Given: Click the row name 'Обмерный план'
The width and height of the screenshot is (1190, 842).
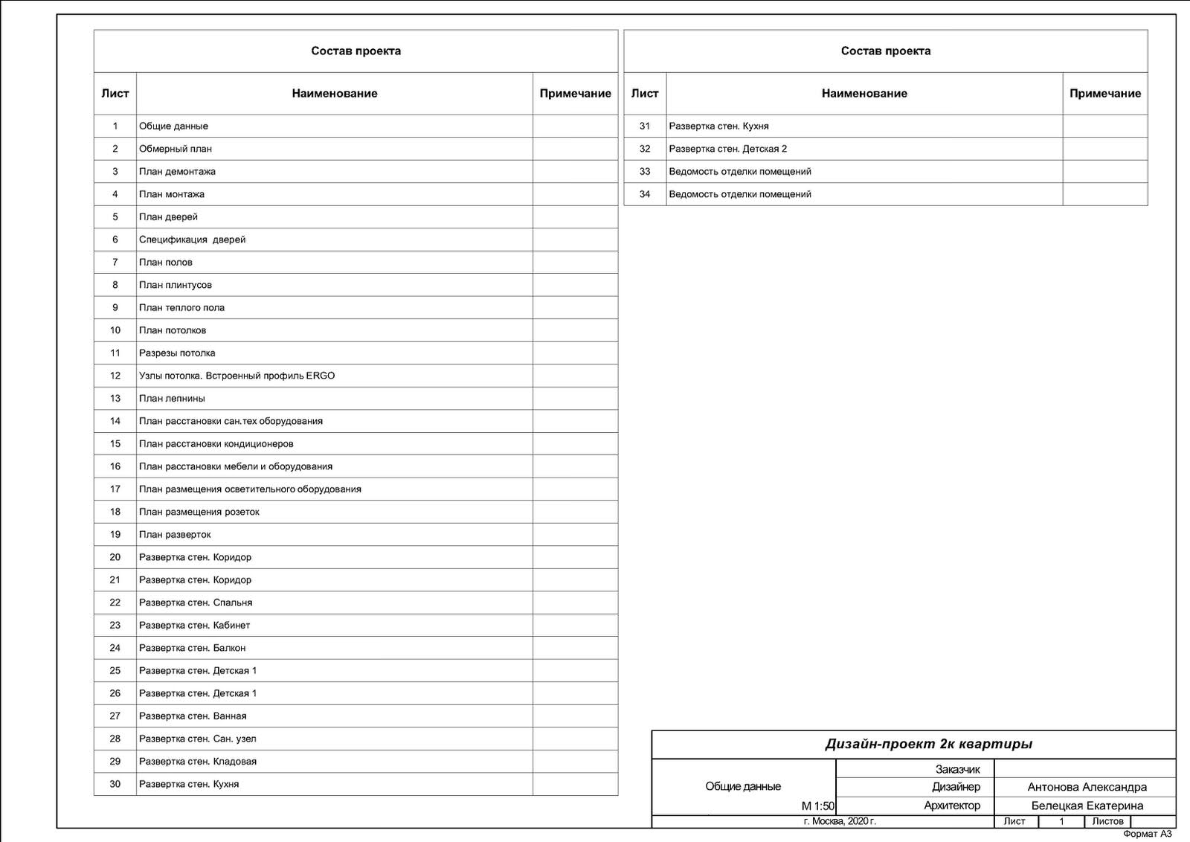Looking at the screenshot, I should [x=176, y=149].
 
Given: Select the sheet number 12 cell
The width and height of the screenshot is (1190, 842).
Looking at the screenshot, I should [x=115, y=376].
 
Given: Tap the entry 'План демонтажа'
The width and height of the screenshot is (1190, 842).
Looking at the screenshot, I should [x=177, y=172].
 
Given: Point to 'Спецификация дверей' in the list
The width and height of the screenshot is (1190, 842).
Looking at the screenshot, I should [x=192, y=240].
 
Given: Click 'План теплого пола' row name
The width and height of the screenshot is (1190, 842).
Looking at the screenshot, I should [x=181, y=308].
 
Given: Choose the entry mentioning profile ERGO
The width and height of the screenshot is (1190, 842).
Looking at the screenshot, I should [x=237, y=376].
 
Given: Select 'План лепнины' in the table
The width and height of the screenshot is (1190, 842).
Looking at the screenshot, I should [x=172, y=399].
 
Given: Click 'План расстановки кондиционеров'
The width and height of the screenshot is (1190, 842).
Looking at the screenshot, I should [x=216, y=444].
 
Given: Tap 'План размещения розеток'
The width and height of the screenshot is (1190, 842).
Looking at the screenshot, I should [x=199, y=512].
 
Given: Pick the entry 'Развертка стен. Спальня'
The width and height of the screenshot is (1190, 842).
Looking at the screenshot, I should [x=196, y=602].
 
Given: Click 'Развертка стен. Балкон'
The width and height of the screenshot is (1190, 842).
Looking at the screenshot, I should [x=192, y=648].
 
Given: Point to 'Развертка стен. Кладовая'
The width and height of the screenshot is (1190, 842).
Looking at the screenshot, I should [x=198, y=762].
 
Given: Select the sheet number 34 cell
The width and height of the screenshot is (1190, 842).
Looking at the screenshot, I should [x=645, y=194].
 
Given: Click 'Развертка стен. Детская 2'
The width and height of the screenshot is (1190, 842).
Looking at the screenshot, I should [x=727, y=149].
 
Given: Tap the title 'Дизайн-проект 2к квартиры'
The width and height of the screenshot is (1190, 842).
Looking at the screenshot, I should [x=928, y=745].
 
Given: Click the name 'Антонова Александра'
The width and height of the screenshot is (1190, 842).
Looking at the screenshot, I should [x=1087, y=787].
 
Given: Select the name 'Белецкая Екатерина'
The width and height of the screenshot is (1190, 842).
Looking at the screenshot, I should [x=1087, y=806].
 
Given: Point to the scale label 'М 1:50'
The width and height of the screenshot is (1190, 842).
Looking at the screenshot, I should [x=817, y=806].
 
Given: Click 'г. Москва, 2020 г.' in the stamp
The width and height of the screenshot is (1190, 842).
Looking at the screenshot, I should [x=840, y=822].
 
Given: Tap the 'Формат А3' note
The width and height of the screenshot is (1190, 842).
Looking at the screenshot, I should [x=1147, y=834].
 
